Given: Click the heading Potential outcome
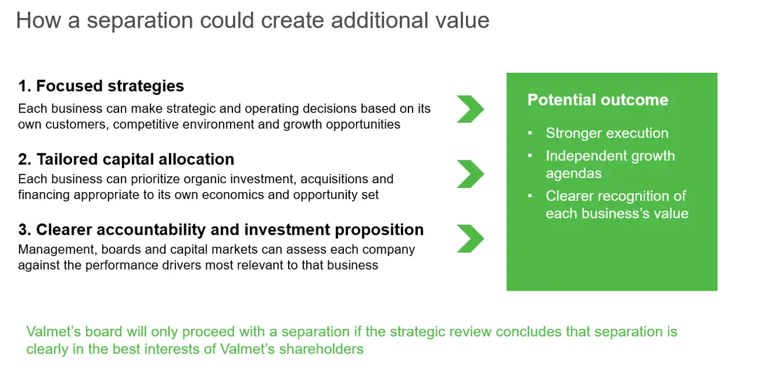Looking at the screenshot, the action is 598,100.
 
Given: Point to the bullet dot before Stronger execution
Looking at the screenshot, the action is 530,133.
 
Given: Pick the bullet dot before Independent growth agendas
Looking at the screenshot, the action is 530,156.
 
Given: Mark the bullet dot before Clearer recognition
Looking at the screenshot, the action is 530,196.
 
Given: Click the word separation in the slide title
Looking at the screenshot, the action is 140,21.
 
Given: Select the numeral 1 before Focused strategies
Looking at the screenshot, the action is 23,86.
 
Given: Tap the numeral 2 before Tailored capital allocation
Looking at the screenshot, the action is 23,159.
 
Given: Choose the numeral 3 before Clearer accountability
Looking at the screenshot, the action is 23,230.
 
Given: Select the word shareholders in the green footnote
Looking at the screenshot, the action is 321,349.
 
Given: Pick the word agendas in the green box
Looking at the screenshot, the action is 573,174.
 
